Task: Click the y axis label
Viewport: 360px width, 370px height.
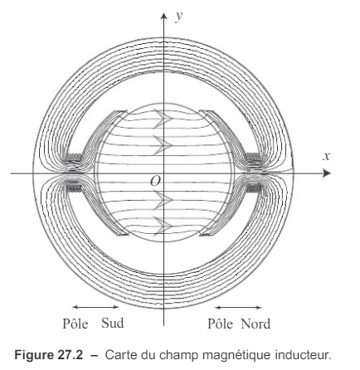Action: click(179, 17)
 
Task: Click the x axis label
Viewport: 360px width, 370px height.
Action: click(327, 157)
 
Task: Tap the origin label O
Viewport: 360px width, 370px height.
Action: click(155, 181)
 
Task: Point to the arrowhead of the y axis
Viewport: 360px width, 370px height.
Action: click(164, 16)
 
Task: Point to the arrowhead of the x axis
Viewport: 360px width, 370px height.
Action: click(327, 173)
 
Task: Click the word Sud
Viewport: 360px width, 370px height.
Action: click(112, 323)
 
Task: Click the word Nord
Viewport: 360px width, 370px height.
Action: click(255, 324)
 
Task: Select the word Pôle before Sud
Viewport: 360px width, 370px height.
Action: click(75, 324)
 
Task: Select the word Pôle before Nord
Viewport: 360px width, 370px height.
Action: click(220, 324)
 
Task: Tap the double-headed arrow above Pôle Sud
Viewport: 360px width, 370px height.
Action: click(95, 307)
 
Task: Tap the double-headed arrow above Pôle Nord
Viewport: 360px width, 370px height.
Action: click(238, 307)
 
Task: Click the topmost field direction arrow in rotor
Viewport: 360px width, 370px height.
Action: click(163, 119)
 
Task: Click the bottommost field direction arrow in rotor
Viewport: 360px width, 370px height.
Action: click(163, 226)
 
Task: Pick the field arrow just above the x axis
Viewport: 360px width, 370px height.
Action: click(163, 144)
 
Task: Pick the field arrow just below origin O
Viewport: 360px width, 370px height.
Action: click(163, 200)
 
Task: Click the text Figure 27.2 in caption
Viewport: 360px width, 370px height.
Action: click(49, 354)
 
